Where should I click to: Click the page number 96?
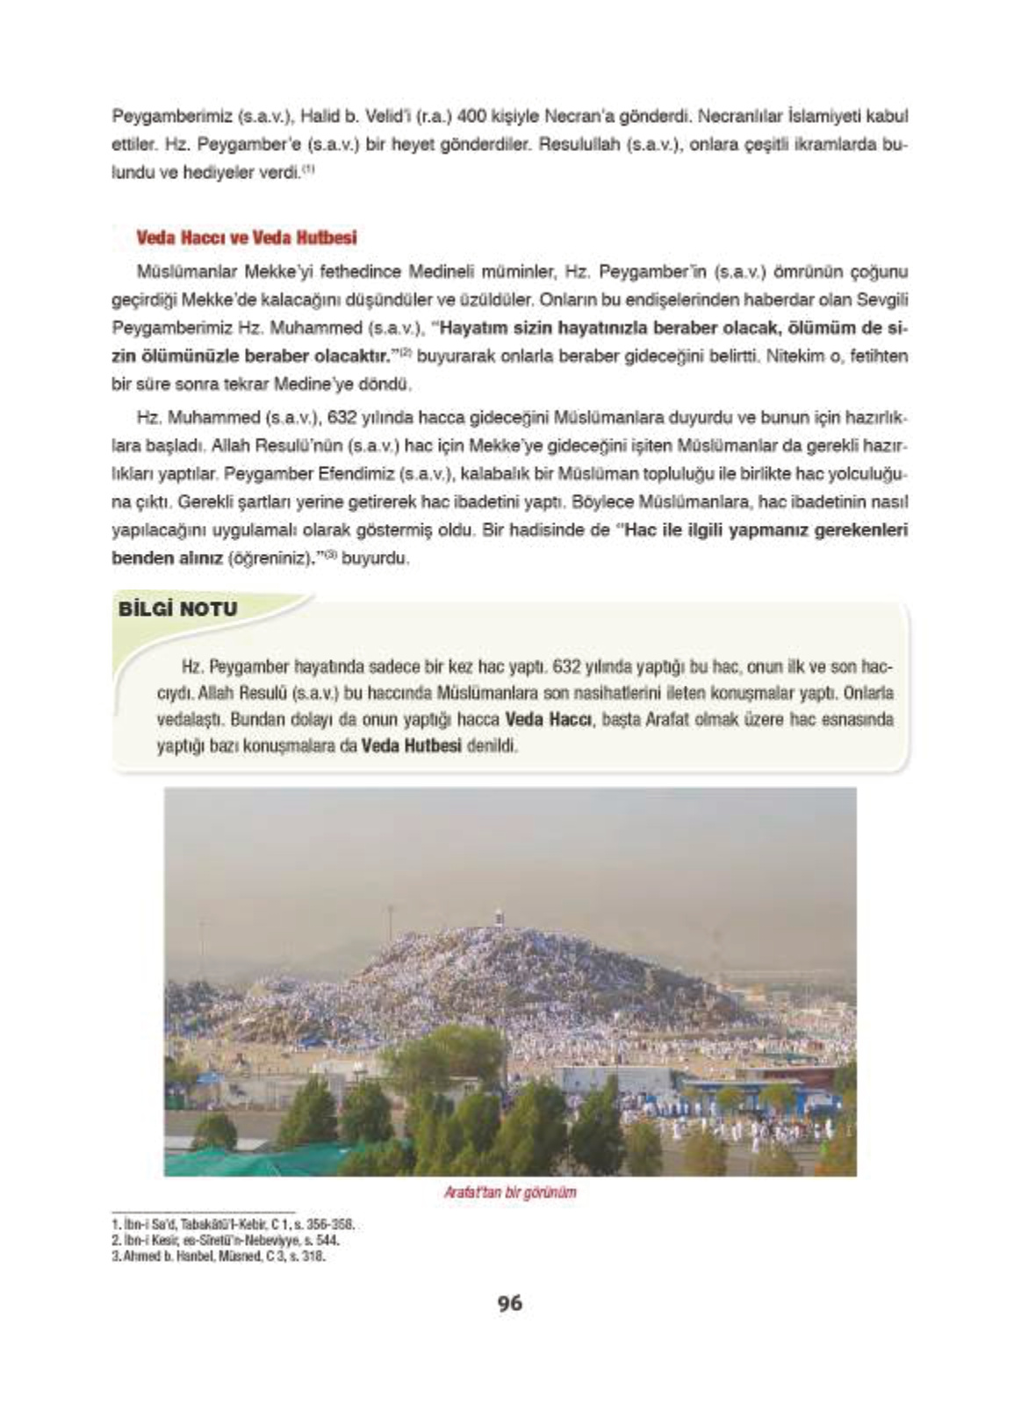tap(509, 1304)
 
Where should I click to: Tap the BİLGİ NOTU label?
tap(178, 609)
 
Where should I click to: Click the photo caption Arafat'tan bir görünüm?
tap(510, 1193)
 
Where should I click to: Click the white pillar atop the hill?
tap(499, 917)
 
